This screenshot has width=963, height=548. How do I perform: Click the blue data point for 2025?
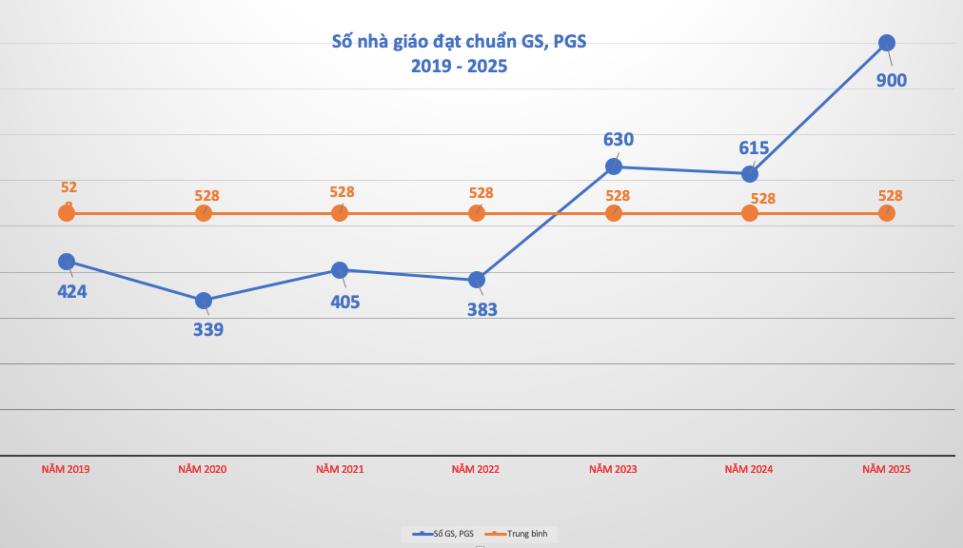coord(887,43)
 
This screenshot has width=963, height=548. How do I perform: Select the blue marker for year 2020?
coord(204,301)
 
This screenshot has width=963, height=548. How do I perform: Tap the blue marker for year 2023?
coord(614,166)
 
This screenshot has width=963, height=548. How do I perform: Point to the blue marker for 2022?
coord(477,280)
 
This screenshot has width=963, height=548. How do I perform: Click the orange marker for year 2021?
coord(340,213)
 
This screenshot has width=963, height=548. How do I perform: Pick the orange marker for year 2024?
coord(750,213)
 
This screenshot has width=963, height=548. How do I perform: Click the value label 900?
coord(892,80)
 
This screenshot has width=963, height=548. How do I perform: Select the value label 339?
coord(208,330)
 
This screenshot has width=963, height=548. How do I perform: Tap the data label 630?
coord(618,140)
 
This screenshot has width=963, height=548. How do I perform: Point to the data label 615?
coord(754,148)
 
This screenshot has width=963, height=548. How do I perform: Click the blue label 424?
coord(72,292)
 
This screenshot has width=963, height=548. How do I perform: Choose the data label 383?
coord(482,310)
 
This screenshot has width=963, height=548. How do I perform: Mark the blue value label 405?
coord(345,302)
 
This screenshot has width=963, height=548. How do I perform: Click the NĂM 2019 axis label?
coord(65,469)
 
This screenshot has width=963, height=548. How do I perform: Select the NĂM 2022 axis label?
coord(475,469)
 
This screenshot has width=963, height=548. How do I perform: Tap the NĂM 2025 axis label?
coord(886,469)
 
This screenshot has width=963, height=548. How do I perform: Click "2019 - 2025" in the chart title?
coord(459,66)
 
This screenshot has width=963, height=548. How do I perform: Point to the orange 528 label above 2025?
coord(890,196)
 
